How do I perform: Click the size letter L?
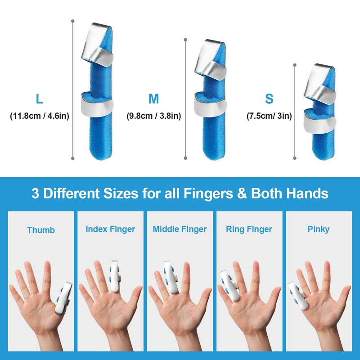[40, 99]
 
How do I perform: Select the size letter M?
[153, 99]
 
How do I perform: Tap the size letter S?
[269, 99]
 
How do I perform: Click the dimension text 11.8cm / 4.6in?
[40, 116]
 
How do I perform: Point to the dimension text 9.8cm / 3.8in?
[153, 116]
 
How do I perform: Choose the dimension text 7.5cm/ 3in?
[269, 116]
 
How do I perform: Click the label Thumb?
[41, 230]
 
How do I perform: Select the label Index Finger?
[110, 229]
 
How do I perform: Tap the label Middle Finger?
[180, 229]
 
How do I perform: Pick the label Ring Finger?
[249, 229]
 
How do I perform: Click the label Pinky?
[319, 229]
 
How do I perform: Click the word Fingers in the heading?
[208, 193]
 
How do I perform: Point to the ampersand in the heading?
[242, 193]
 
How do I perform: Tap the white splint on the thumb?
[63, 298]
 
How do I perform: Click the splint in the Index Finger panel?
[115, 277]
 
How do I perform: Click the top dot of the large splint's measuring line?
[73, 21]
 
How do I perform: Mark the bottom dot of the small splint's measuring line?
[295, 158]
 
